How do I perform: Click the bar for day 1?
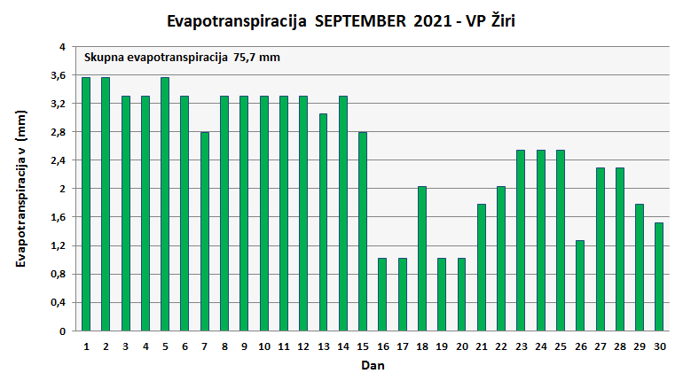tap(86, 204)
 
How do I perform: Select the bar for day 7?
tap(205, 231)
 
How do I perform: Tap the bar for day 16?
tap(382, 294)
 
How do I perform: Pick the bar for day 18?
tap(422, 259)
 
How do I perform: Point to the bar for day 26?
tap(580, 285)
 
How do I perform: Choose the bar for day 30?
tap(659, 276)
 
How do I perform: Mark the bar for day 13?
tap(323, 222)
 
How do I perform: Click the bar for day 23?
tap(521, 240)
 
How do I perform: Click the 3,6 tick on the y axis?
tap(58, 75)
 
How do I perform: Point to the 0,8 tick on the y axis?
tap(58, 274)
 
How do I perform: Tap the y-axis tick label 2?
tap(62, 189)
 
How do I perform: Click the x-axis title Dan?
tap(372, 364)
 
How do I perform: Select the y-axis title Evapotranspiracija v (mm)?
tap(20, 189)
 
